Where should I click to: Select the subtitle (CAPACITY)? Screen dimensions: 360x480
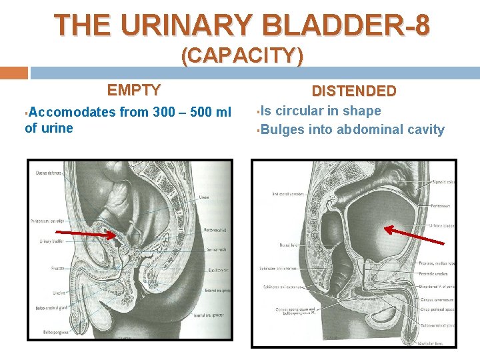(242, 56)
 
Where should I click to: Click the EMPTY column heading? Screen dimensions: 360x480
(134, 90)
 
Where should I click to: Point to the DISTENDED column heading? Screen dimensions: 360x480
(354, 91)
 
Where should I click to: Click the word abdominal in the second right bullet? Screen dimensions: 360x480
(369, 129)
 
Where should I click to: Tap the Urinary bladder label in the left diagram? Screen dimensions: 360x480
(51, 241)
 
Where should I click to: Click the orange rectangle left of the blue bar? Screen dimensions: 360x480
(14, 73)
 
